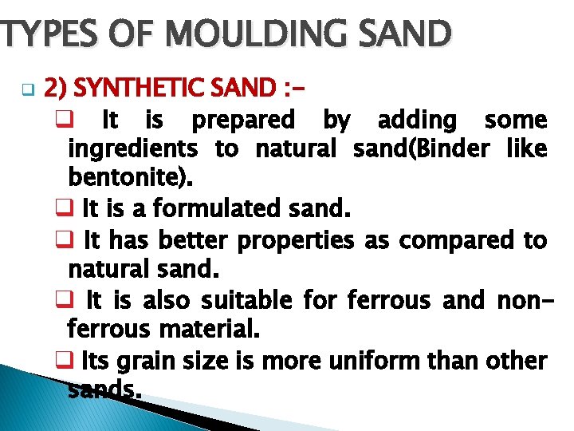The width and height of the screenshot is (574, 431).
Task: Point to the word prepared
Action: pos(243,121)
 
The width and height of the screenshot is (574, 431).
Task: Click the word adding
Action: pos(417,121)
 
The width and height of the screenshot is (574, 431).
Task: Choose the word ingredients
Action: pos(133,149)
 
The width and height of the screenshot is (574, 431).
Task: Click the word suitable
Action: pos(248,301)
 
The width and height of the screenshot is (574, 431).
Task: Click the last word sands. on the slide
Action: pos(105,389)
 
